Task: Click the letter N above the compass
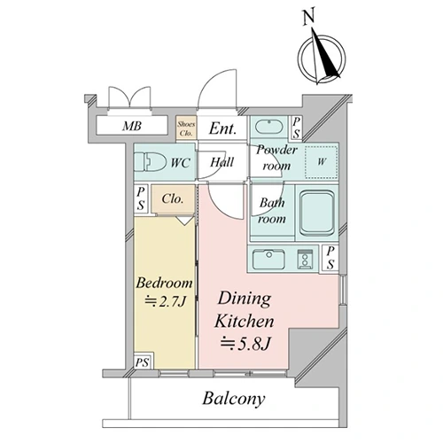tap(309, 16)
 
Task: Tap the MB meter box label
tap(132, 126)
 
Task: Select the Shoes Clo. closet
tap(186, 128)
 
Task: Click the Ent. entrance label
tap(223, 128)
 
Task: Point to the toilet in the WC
tap(151, 161)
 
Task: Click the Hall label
tap(221, 162)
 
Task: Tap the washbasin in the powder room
tap(268, 127)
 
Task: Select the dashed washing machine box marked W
tap(322, 162)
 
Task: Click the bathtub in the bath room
tap(317, 213)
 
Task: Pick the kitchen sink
tap(268, 259)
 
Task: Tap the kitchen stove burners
tap(305, 259)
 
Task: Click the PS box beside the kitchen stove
tap(330, 258)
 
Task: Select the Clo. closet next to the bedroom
tap(173, 199)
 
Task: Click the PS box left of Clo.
tap(141, 198)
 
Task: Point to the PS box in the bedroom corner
tap(142, 361)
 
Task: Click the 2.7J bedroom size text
tap(165, 301)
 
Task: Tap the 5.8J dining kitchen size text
tap(245, 344)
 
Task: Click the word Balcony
tap(234, 399)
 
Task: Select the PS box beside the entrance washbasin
tap(296, 128)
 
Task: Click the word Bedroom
tap(164, 283)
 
